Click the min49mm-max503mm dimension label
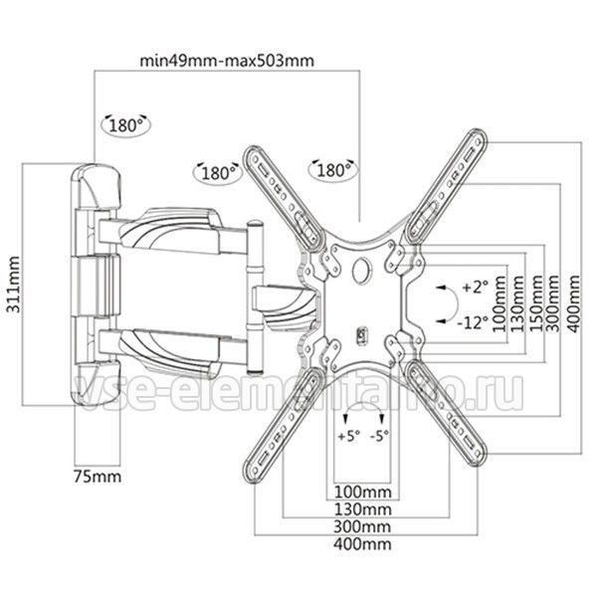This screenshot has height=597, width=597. pos(227,61)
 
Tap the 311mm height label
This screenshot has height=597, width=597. pos(14,285)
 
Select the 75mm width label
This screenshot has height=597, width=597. pos(98,477)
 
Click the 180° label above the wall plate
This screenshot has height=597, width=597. pos(125,125)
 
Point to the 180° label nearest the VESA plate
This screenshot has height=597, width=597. pos(333,170)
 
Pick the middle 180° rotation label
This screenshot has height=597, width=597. pos(218,173)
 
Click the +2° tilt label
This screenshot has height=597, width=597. pos(475,287)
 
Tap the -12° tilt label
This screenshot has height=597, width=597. pos(473,322)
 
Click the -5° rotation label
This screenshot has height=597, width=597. pos(380,436)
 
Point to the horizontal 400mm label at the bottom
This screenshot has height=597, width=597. pos(362,544)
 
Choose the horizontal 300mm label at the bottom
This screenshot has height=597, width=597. pos(362,527)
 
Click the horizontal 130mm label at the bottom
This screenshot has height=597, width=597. pos(363,509)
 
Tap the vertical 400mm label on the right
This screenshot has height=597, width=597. pos(573,303)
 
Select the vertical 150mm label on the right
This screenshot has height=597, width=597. pos(536,303)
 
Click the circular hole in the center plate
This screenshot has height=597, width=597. pos(361,270)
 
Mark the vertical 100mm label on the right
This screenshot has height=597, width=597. pos(499,303)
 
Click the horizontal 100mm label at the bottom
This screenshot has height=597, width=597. pos(363,492)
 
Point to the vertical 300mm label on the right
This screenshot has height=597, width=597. pos(553,303)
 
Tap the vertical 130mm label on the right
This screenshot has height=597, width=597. pos(518,303)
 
